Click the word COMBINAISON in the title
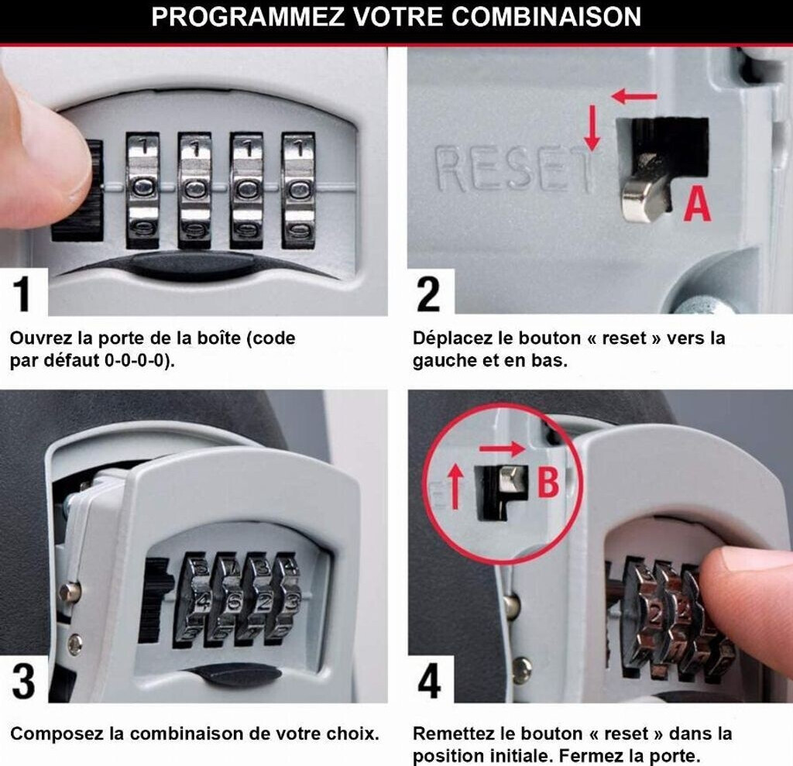pyautogui.click(x=546, y=17)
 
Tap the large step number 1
pyautogui.click(x=21, y=294)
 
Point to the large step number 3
pyautogui.click(x=23, y=681)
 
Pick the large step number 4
pyautogui.click(x=429, y=681)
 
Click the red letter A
pyautogui.click(x=697, y=204)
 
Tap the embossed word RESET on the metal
pyautogui.click(x=515, y=169)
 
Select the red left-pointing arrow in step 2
pyautogui.click(x=634, y=95)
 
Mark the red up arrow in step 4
pyautogui.click(x=455, y=486)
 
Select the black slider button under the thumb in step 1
pyautogui.click(x=77, y=191)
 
